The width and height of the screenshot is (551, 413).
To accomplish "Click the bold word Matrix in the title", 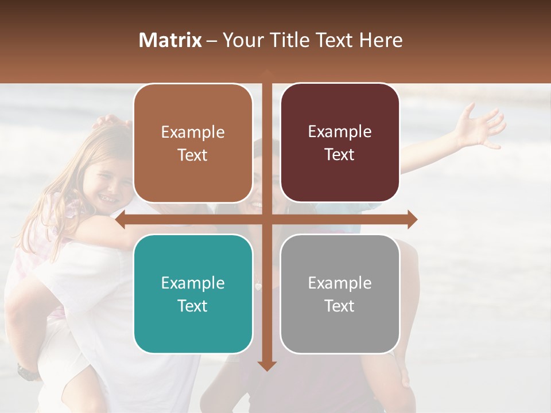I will point(170,40).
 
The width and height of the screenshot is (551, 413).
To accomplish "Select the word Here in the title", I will point(381,40).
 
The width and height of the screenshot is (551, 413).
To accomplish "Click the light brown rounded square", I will point(193,143).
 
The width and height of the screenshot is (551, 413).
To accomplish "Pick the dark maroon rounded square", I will point(340,143).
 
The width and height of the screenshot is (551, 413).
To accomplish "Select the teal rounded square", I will point(193,294).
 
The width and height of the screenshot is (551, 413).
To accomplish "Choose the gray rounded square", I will point(340,294).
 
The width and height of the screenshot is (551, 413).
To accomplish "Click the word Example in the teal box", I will point(193,283).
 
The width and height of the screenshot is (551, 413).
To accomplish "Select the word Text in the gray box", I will point(340,306).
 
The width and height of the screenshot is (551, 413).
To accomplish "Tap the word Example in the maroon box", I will point(340,131).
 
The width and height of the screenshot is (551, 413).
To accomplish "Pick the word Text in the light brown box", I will point(193,155).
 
